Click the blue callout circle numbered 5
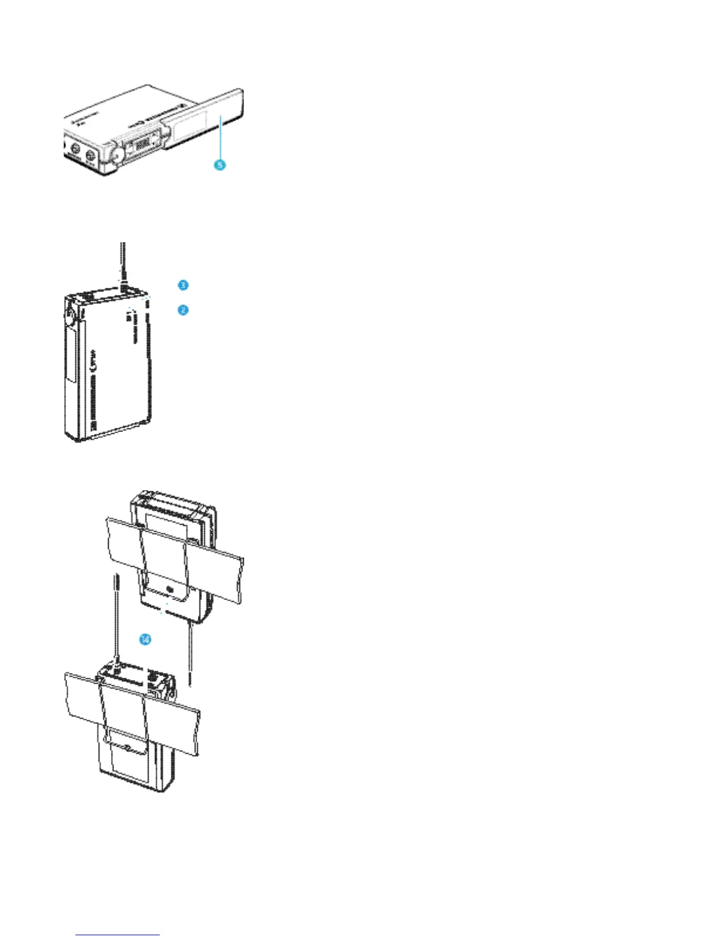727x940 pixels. (220, 164)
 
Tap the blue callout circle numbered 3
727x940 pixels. (183, 285)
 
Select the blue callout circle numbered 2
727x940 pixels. (183, 309)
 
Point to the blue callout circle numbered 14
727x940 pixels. (145, 639)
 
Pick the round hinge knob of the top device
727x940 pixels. (115, 156)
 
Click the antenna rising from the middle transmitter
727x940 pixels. (123, 261)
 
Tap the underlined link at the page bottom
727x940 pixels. (118, 935)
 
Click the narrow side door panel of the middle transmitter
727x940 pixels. (70, 356)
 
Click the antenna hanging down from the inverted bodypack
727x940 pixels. (189, 653)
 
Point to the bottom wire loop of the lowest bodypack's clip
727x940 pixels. (125, 747)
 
